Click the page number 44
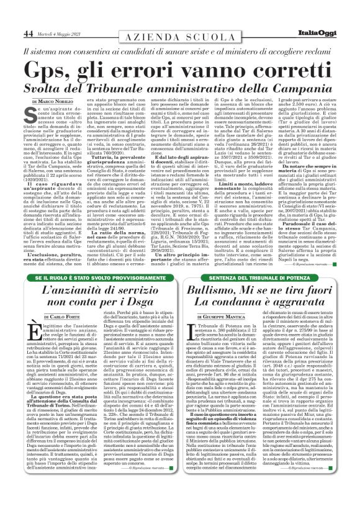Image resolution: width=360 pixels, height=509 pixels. (29, 32)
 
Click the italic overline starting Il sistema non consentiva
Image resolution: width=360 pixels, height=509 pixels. (180, 52)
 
